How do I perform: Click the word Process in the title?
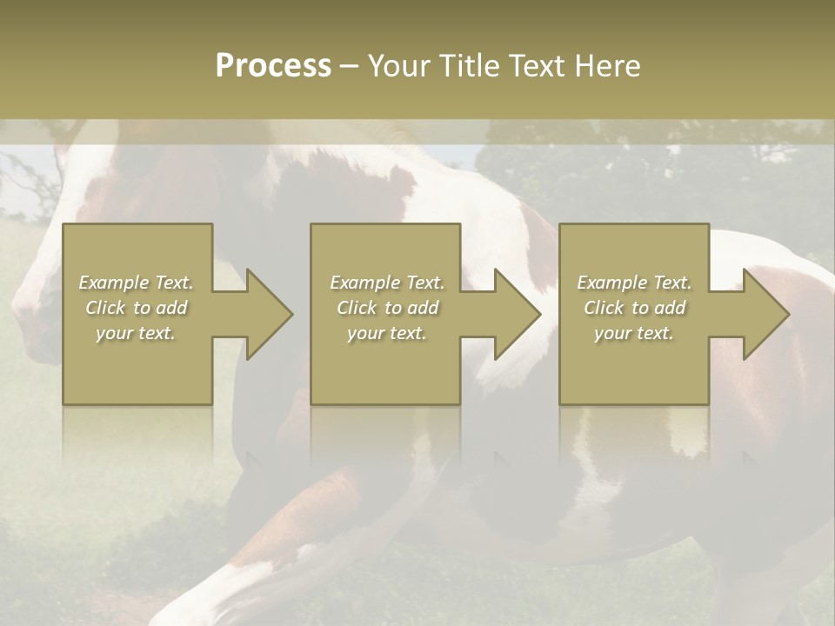click(x=273, y=66)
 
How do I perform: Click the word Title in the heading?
click(x=468, y=66)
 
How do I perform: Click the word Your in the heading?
click(x=400, y=66)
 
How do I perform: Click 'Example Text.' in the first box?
click(x=137, y=283)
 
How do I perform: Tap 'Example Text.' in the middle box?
click(x=387, y=283)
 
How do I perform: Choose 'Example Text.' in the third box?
click(x=634, y=283)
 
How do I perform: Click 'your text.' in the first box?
click(x=136, y=333)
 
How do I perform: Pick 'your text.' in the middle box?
click(x=387, y=333)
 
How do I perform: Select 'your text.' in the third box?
click(x=634, y=333)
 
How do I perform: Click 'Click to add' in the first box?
click(x=137, y=308)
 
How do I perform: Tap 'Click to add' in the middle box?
click(x=387, y=308)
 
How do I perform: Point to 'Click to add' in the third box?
click(x=634, y=308)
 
